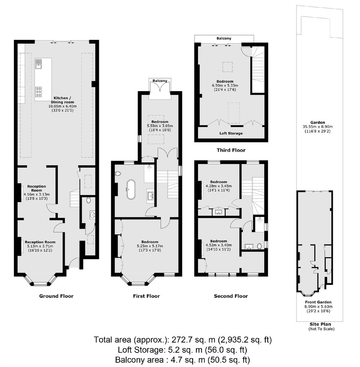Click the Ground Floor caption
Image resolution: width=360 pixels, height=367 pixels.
point(56,296)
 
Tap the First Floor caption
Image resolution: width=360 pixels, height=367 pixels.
point(146,296)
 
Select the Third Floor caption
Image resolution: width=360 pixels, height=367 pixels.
point(231,150)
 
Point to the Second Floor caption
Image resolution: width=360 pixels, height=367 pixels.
point(231,296)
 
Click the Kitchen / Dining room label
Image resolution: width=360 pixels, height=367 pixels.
point(62,100)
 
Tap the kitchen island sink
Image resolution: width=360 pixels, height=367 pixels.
point(39,64)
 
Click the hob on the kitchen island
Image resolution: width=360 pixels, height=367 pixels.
point(39,92)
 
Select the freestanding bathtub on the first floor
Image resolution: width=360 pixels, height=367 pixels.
point(131,189)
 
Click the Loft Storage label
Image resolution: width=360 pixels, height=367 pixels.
point(231,134)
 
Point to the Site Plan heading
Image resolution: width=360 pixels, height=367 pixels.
point(321,324)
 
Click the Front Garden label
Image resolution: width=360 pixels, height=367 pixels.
point(318,302)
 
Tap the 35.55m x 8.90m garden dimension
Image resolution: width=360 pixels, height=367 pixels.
point(317,127)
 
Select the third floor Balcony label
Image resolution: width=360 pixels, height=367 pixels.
point(224,38)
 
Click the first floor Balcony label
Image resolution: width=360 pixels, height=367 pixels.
point(160,81)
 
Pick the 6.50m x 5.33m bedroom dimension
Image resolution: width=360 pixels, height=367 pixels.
point(225,85)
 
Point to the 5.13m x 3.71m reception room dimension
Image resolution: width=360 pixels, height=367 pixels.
point(40,246)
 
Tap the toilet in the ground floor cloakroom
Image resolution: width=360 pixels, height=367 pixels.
point(88,201)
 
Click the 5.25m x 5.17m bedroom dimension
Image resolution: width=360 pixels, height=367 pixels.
point(150,246)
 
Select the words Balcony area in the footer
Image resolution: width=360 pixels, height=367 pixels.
point(139,360)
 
